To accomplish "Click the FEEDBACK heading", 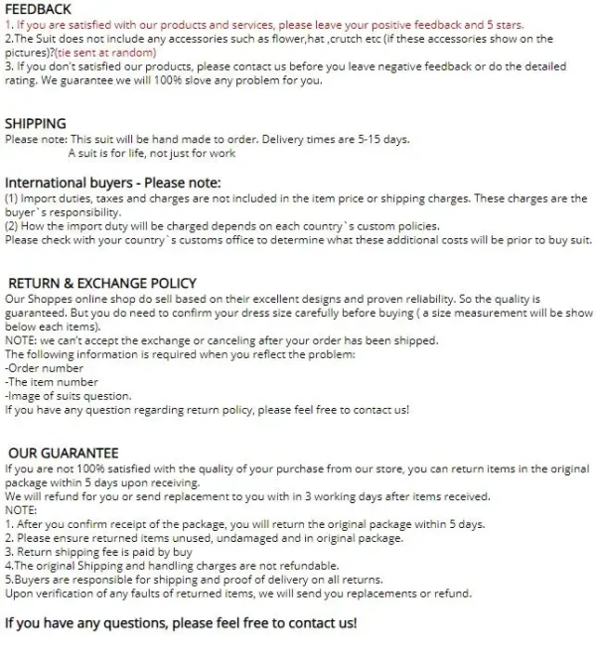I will (39, 8).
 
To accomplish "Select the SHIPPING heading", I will (36, 124).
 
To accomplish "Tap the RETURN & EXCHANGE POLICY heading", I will (102, 283).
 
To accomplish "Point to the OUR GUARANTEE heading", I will (64, 452).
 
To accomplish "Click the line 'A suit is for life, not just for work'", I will (152, 154).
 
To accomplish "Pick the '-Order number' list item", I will (44, 368).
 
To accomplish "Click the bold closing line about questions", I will (181, 623).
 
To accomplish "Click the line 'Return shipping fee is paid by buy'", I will (98, 552).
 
